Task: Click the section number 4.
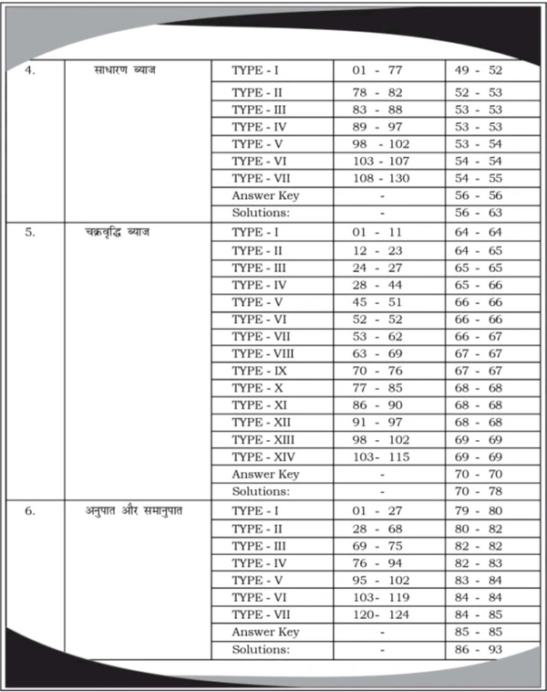(x=30, y=70)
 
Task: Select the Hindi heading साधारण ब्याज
(x=125, y=70)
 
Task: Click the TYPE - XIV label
(x=264, y=456)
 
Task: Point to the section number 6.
(x=30, y=510)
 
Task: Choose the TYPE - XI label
(x=261, y=404)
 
